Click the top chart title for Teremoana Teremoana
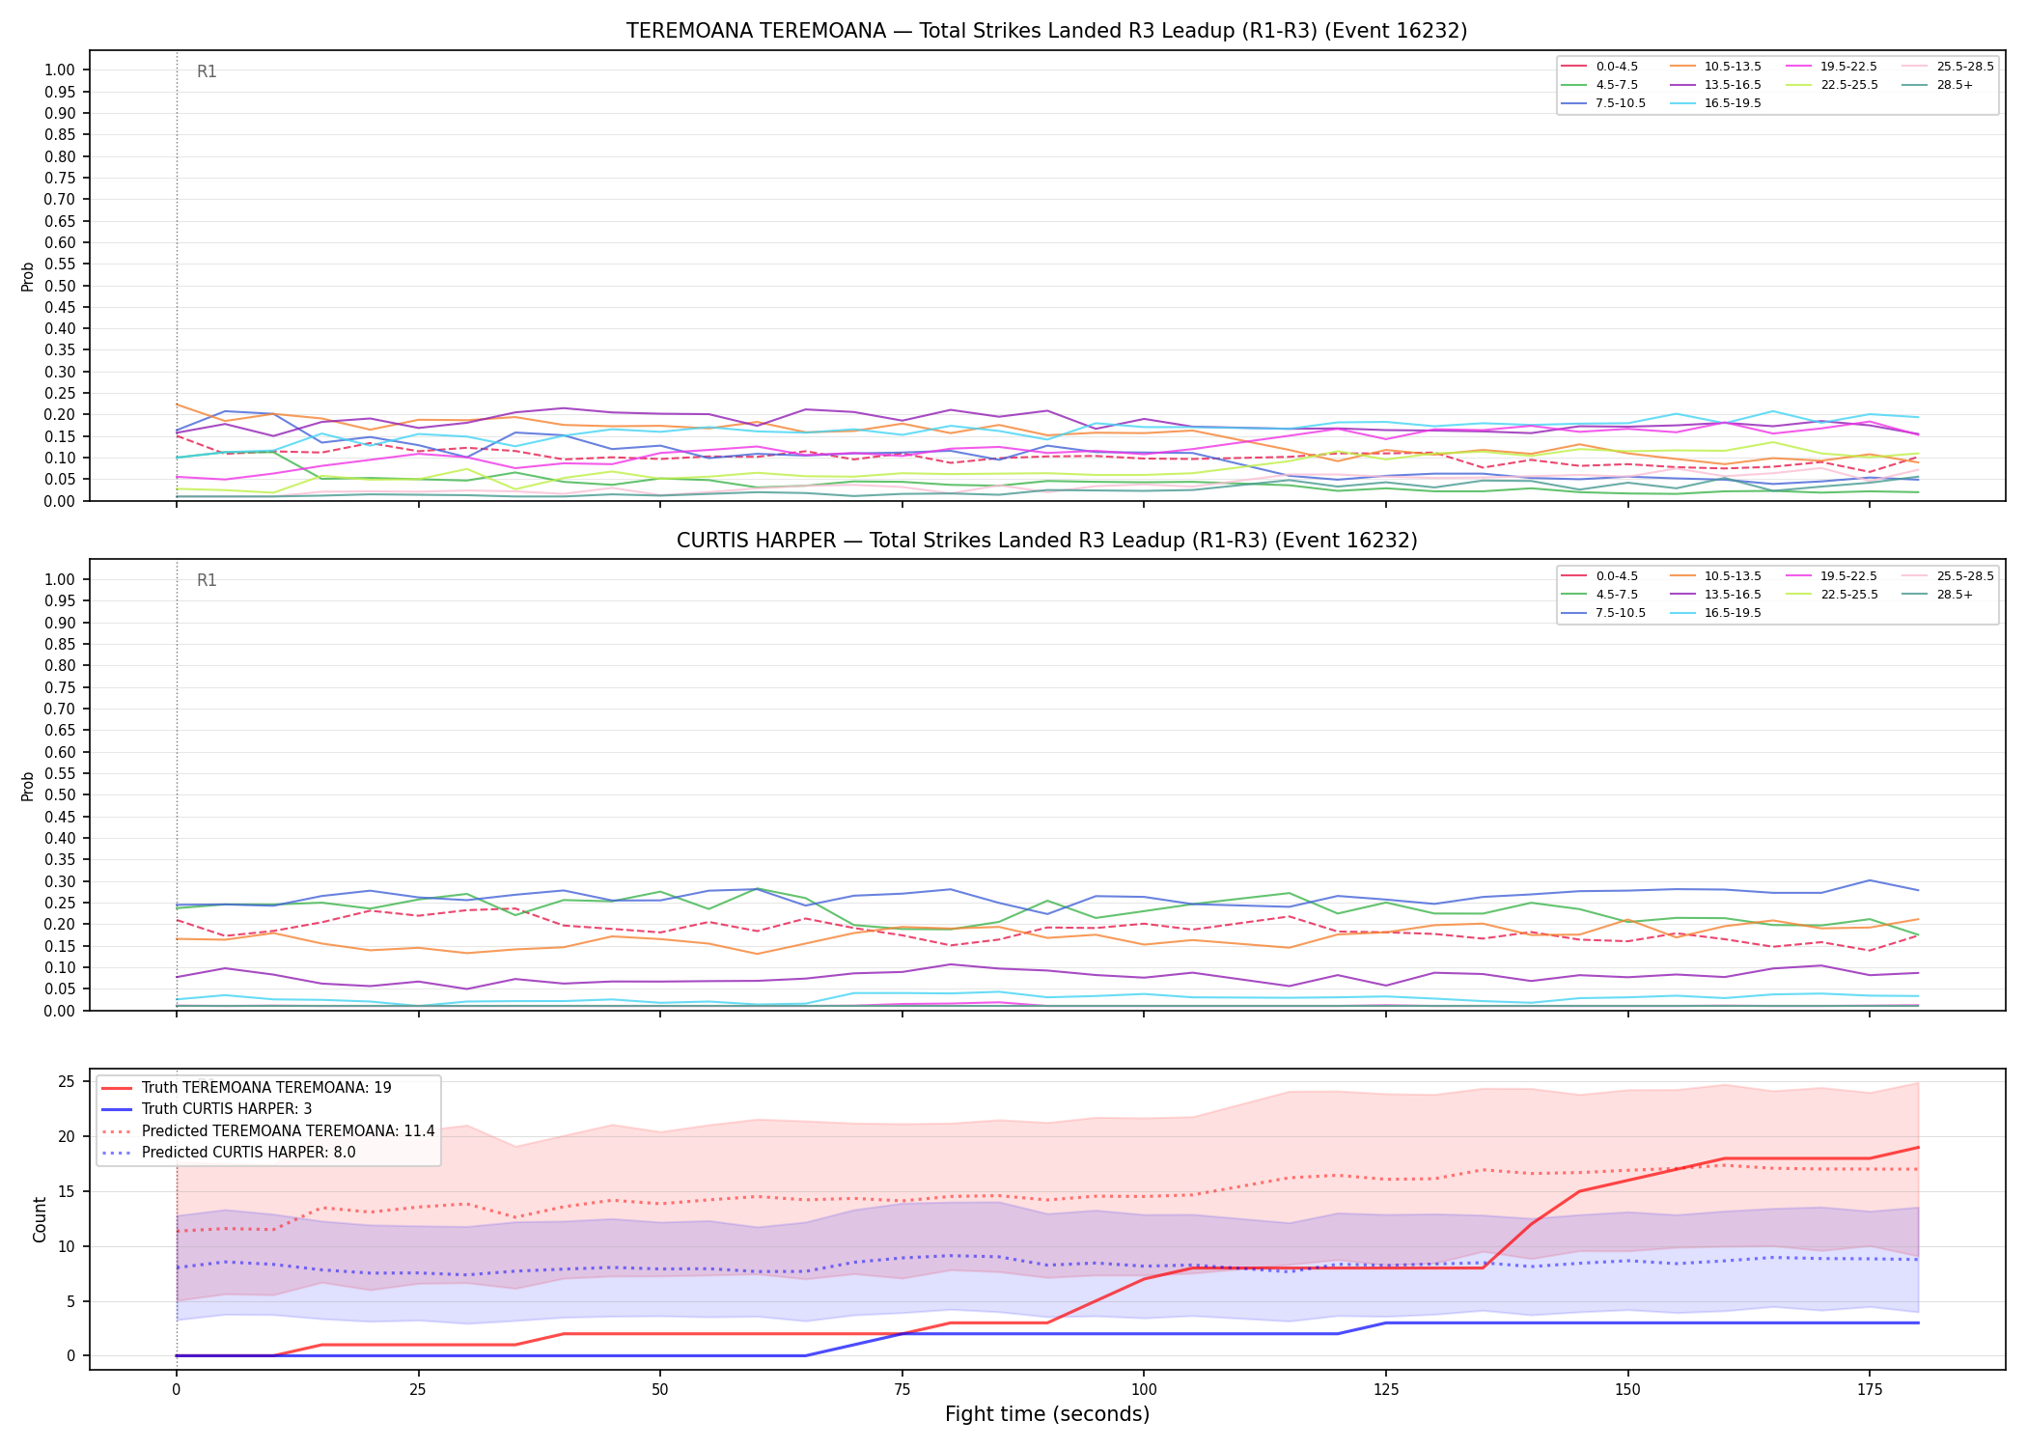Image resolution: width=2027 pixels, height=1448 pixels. pos(1046,31)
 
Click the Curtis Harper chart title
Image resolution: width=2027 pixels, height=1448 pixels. pos(1046,541)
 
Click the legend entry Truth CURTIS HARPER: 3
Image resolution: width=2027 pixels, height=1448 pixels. pos(226,1109)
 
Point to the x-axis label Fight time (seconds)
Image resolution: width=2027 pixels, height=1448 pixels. pos(1047,1414)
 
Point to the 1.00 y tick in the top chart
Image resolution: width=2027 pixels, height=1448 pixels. pos(59,70)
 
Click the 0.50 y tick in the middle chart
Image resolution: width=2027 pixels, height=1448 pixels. pos(59,794)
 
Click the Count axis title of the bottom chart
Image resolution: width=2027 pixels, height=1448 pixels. pos(40,1219)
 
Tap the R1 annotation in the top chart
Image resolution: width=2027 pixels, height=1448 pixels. pos(207,71)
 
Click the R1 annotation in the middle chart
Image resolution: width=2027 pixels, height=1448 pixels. pos(207,580)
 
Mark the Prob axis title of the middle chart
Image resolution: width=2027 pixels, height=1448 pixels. pos(28,786)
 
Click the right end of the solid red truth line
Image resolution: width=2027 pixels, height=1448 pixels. pos(1918,1148)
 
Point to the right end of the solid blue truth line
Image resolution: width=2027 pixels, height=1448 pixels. pos(1918,1323)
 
